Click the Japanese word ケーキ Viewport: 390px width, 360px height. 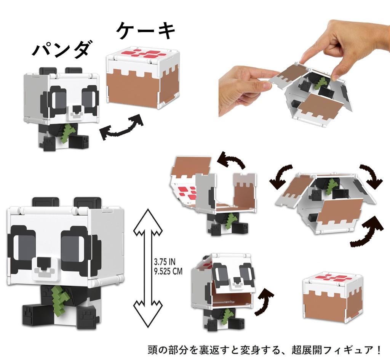click(x=146, y=31)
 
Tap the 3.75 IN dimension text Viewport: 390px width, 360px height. click(x=165, y=262)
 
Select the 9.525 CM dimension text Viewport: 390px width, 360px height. click(x=168, y=272)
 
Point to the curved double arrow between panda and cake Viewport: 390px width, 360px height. click(x=121, y=127)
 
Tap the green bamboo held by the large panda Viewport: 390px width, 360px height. click(x=60, y=298)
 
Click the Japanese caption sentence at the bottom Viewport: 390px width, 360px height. click(x=265, y=349)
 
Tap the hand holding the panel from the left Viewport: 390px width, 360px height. click(x=244, y=86)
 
